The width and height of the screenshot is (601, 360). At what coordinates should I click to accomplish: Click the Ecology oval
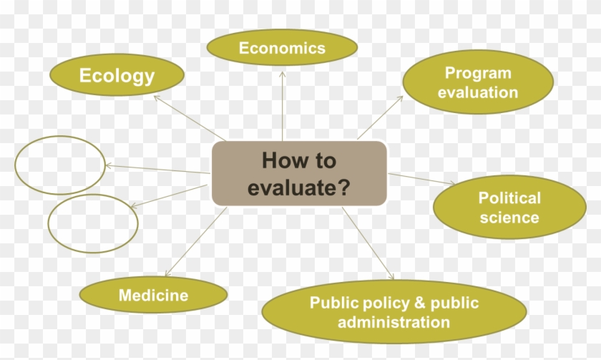click(x=117, y=75)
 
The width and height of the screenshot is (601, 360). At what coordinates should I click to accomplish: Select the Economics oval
click(x=282, y=49)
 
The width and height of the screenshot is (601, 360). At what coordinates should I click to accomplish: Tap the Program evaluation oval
click(x=478, y=82)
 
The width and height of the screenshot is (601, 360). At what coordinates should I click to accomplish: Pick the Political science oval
click(x=509, y=207)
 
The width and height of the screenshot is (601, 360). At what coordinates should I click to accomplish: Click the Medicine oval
click(x=153, y=295)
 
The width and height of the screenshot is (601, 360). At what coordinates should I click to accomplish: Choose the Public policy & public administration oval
click(x=394, y=312)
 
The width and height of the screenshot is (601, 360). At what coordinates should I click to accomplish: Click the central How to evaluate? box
click(x=299, y=173)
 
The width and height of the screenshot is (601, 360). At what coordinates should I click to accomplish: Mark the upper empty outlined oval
click(x=60, y=165)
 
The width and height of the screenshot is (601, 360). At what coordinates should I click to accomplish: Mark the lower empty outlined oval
click(x=92, y=223)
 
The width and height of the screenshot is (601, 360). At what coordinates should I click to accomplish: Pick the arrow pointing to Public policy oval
click(x=368, y=243)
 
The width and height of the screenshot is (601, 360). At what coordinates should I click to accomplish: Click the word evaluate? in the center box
click(x=299, y=188)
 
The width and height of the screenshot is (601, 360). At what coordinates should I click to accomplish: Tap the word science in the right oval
click(x=509, y=217)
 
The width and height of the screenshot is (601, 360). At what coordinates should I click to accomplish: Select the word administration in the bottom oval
click(x=394, y=322)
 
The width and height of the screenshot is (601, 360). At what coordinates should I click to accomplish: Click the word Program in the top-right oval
click(x=478, y=72)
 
